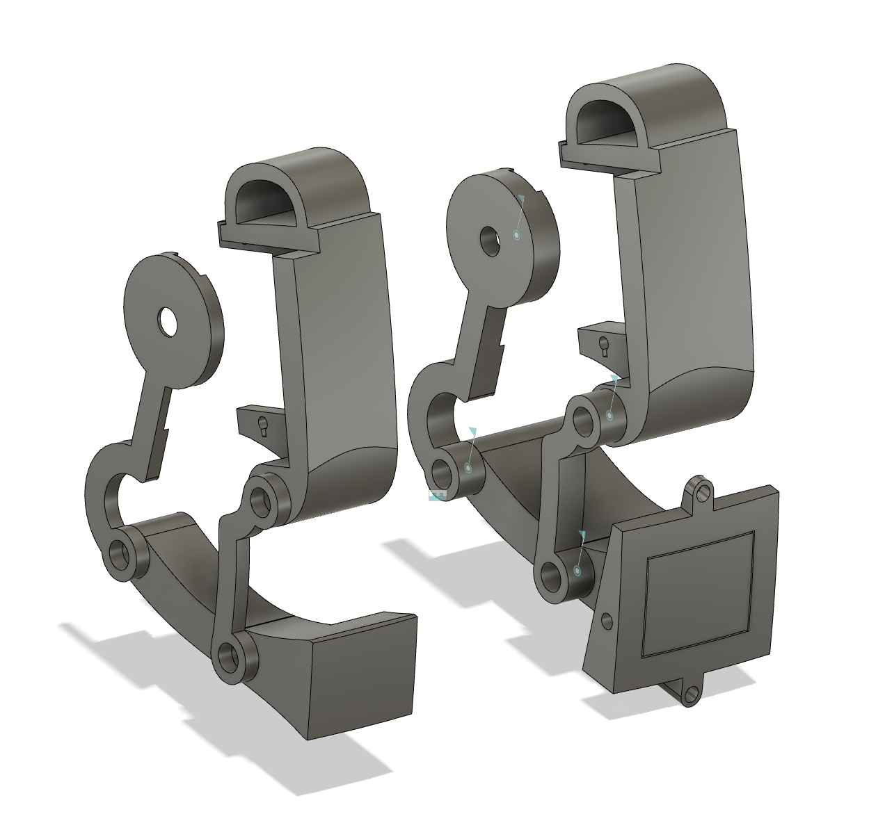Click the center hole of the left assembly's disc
point(168,320)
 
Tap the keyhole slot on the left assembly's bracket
point(263,425)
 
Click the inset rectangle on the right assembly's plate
point(699,595)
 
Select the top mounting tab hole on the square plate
point(703,493)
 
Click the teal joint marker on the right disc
point(516,235)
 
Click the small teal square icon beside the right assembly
point(437,496)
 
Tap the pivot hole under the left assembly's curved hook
point(122,553)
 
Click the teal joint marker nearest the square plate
point(577,570)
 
